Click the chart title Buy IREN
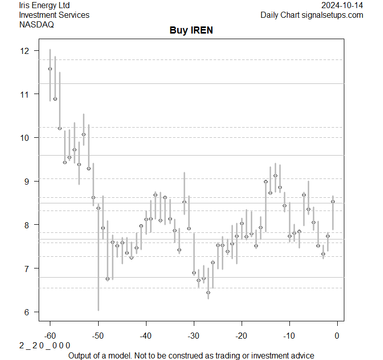191,31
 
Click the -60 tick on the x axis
50,336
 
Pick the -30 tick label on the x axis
193,336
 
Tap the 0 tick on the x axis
337,336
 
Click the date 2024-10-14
342,6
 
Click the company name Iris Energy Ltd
44,6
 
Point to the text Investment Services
54,15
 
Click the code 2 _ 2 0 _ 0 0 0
45,345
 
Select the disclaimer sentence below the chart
191,355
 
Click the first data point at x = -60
50,69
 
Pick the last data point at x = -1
333,201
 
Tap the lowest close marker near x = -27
208,292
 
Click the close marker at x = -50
98,208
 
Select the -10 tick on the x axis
289,336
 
